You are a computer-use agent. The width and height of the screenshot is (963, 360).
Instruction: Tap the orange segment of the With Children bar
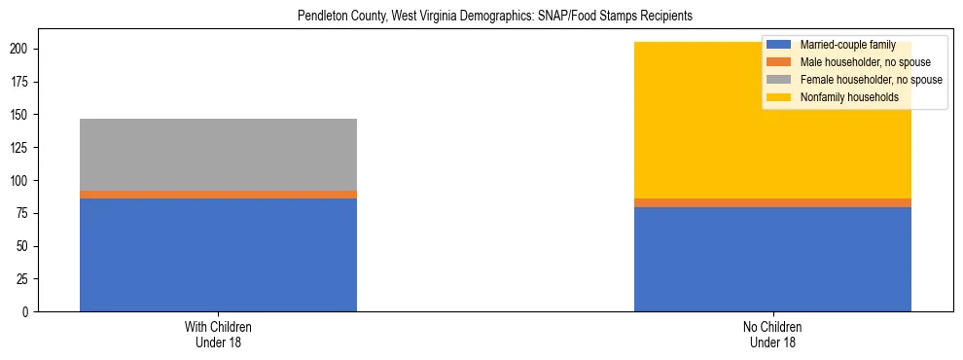pos(218,195)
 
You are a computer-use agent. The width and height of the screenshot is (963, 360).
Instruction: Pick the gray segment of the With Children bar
pos(218,155)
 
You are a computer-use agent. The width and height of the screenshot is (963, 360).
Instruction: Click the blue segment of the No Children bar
pos(772,259)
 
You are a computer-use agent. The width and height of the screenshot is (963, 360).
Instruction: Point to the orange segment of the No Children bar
pos(772,202)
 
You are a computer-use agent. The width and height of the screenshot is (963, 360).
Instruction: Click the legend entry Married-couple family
pos(847,45)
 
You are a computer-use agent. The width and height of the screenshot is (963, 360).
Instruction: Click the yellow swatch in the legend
pos(779,97)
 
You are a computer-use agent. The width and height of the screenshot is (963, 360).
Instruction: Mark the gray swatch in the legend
pos(779,80)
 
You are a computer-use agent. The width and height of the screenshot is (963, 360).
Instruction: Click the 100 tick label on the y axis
pos(22,181)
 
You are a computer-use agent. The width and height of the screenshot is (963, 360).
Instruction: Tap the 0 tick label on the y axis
pos(28,312)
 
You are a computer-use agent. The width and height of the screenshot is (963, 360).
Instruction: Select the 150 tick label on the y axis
pos(22,115)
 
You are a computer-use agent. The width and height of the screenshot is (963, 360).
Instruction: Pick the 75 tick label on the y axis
pos(25,213)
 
